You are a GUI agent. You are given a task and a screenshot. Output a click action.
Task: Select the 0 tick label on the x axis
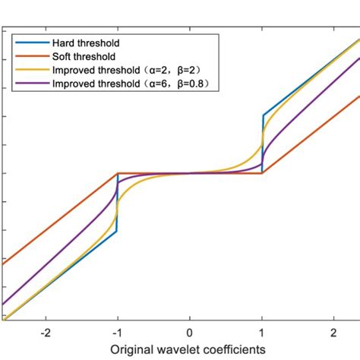(x=190, y=333)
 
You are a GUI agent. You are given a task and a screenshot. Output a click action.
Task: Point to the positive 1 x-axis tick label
(x=262, y=333)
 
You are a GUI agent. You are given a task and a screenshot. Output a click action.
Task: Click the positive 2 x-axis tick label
(x=334, y=333)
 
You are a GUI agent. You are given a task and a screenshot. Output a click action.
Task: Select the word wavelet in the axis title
(x=182, y=349)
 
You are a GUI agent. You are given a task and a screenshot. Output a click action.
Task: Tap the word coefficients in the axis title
(x=235, y=349)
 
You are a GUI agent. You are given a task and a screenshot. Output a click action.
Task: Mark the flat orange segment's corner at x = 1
(x=262, y=173)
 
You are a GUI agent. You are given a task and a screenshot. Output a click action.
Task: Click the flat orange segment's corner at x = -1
(x=118, y=173)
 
